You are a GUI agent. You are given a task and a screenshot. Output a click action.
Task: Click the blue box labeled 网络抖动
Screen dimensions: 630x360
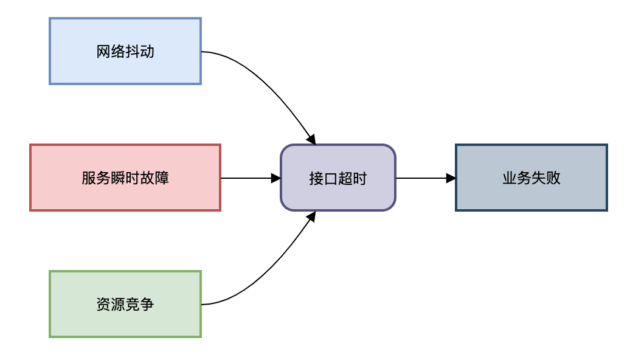(x=125, y=51)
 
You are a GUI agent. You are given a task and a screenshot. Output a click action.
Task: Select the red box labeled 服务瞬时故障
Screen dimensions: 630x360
(x=125, y=178)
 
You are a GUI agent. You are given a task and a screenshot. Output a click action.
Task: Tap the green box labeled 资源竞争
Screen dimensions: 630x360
(x=125, y=304)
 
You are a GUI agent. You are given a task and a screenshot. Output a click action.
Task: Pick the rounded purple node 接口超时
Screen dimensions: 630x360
(x=338, y=178)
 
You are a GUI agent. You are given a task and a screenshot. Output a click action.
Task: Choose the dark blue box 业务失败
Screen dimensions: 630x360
(x=531, y=178)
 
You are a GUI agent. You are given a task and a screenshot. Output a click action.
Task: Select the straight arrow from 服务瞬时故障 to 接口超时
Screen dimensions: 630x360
(x=251, y=178)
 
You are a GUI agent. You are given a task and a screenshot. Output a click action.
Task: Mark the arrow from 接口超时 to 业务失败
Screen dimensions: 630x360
(x=426, y=178)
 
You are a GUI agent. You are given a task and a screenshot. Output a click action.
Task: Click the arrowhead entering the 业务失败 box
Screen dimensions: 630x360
(x=451, y=178)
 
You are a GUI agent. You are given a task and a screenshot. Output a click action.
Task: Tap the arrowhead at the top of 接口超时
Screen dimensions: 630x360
(x=311, y=139)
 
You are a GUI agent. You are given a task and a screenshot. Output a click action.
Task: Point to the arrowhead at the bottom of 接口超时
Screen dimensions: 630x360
(x=311, y=216)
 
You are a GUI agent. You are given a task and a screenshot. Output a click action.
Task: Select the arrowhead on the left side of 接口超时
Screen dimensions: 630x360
(x=275, y=178)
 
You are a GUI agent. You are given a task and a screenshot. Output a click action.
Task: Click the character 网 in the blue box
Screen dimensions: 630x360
(x=103, y=52)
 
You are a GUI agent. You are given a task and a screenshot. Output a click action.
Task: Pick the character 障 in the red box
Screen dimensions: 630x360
(x=162, y=178)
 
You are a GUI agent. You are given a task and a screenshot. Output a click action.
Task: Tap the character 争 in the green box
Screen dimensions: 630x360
(x=147, y=304)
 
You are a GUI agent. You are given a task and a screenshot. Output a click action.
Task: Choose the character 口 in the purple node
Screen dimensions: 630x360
(x=331, y=179)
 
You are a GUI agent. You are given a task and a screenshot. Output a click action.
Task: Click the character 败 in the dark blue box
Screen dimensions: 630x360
(x=553, y=178)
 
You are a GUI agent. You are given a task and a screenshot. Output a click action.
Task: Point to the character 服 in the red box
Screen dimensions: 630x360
(x=89, y=178)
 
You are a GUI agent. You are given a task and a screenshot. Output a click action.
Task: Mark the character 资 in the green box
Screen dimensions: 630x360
(x=103, y=304)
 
